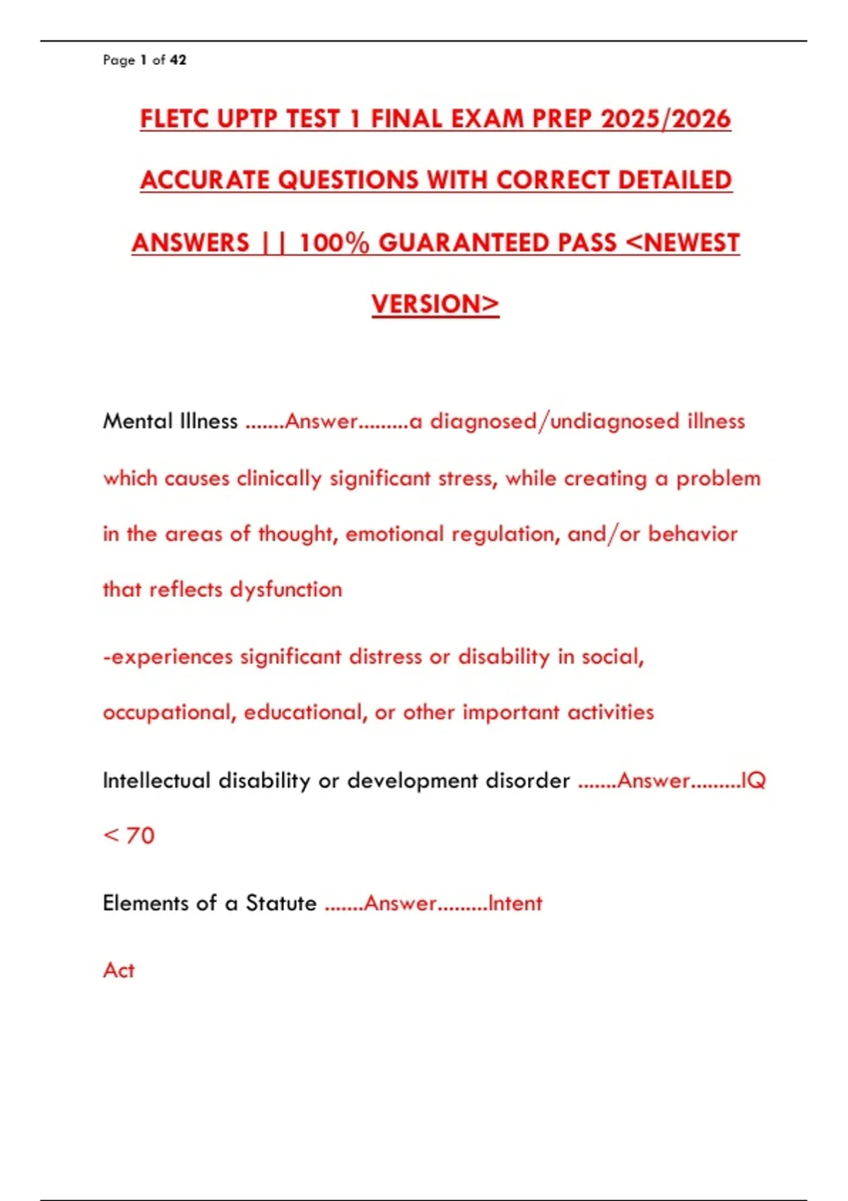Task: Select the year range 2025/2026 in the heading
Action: coord(666,119)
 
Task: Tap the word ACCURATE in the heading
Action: coord(205,180)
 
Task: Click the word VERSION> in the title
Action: coord(435,304)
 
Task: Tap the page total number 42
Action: coord(178,60)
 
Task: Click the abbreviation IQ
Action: coord(753,781)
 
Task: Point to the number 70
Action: coord(140,836)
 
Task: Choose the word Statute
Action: coord(281,903)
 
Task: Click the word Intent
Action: coord(515,903)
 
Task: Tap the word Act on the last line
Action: coord(119,970)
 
